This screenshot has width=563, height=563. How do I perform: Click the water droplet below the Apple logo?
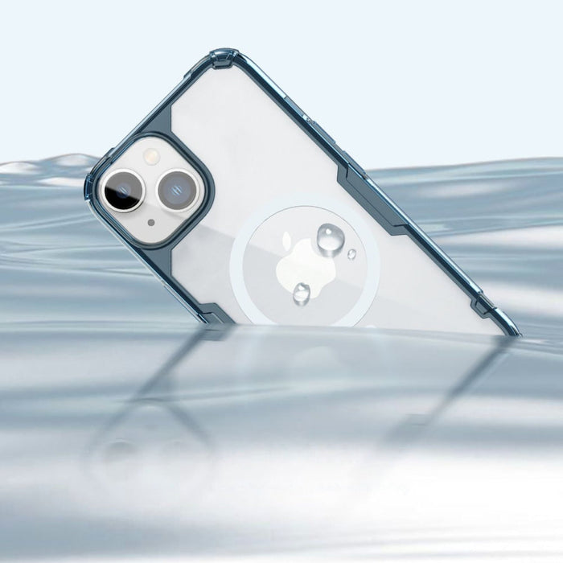click(x=302, y=293)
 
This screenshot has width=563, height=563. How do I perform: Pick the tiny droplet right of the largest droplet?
click(x=351, y=254)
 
